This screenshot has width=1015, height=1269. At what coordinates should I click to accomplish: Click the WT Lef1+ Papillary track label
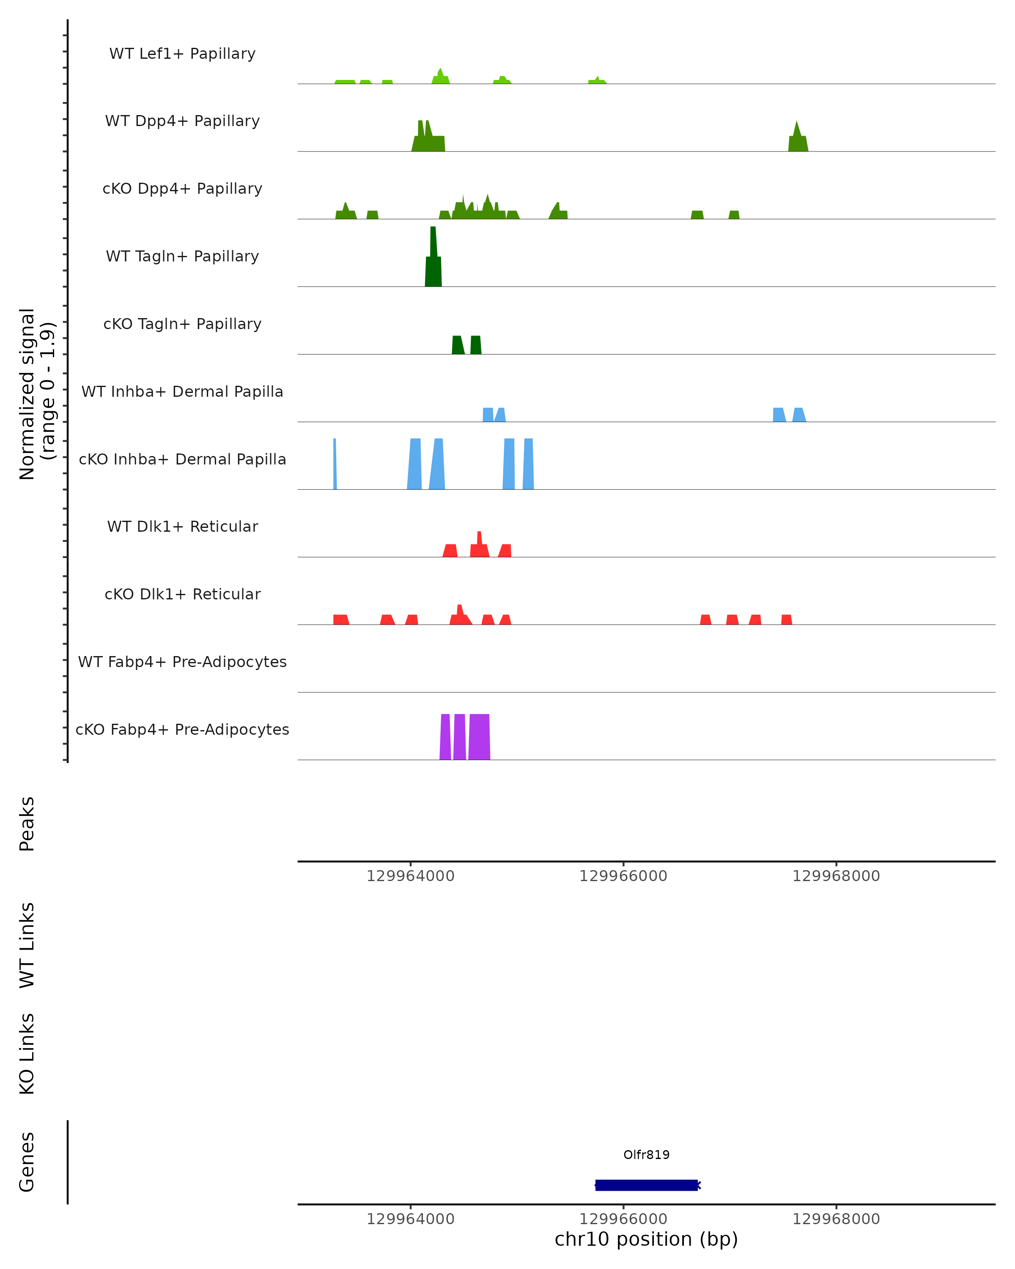(x=182, y=54)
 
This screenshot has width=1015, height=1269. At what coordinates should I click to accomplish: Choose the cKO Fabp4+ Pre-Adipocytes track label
(x=182, y=729)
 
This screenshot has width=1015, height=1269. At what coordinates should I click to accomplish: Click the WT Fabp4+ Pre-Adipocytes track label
(x=182, y=662)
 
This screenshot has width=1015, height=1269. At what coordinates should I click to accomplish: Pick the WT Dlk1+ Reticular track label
(x=182, y=526)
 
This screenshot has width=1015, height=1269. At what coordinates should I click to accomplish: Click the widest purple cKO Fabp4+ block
(x=480, y=737)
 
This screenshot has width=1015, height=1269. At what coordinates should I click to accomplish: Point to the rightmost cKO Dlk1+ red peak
(x=787, y=619)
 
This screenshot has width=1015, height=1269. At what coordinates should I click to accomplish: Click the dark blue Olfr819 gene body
(x=646, y=1185)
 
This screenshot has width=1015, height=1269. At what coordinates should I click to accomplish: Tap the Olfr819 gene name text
(x=646, y=1155)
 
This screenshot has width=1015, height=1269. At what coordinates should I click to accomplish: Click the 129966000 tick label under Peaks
(x=623, y=876)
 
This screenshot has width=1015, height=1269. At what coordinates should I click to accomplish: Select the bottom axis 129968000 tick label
(x=836, y=1219)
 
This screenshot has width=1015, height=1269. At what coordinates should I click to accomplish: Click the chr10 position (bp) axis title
(x=646, y=1239)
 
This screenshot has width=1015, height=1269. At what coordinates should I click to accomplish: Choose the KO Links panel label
(x=27, y=1054)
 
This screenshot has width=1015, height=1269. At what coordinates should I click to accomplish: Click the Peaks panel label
(x=27, y=824)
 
